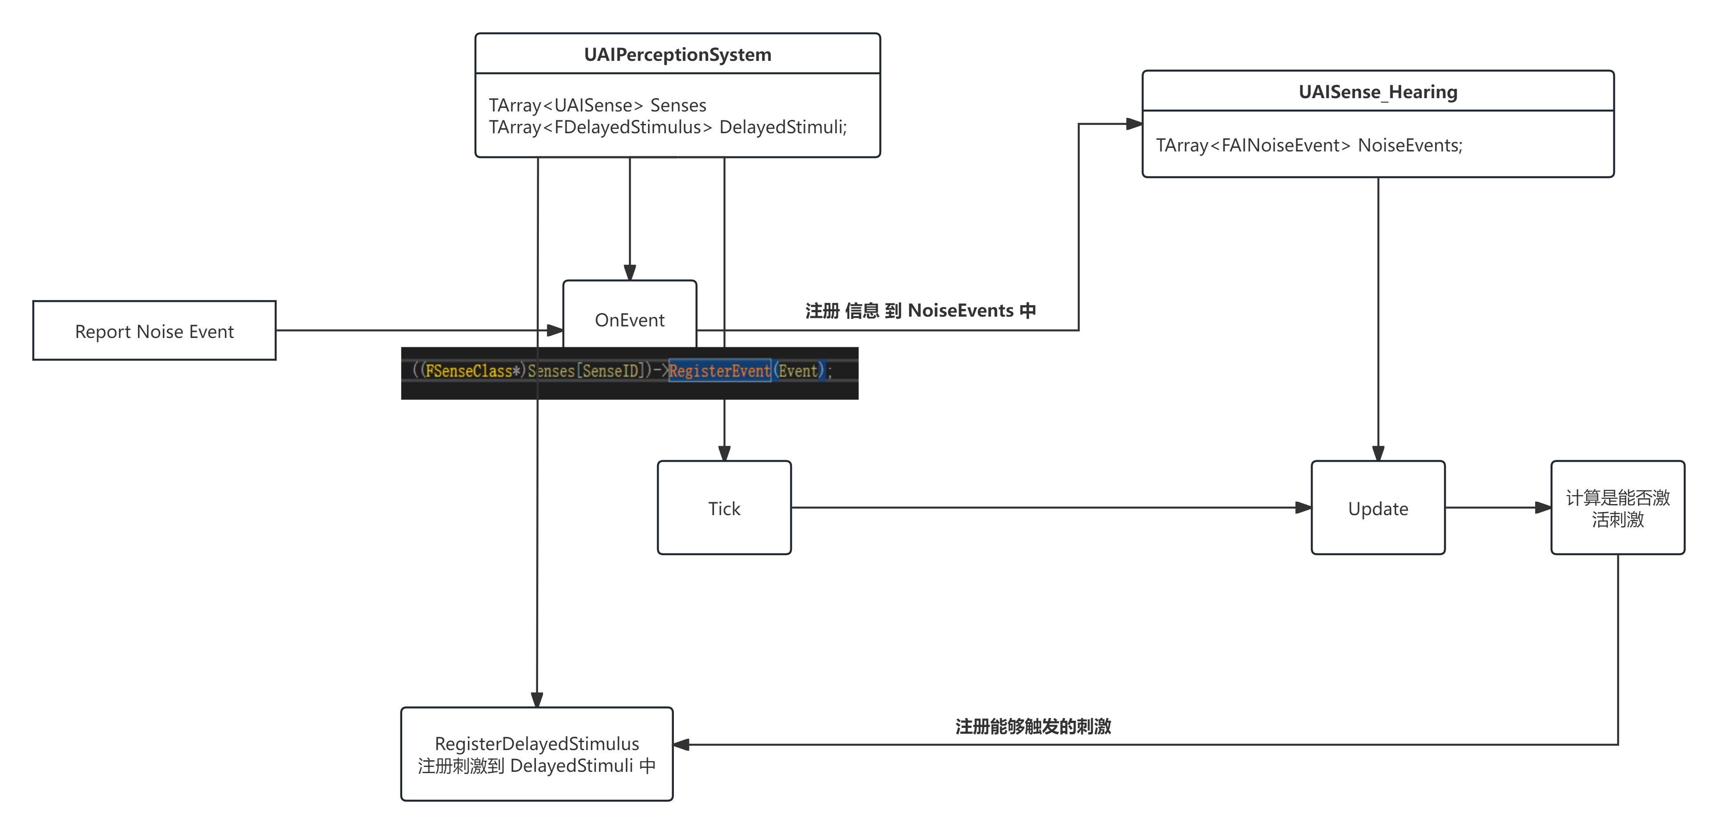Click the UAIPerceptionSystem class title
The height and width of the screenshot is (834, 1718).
pos(677,54)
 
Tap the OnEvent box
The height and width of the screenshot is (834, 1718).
pos(629,320)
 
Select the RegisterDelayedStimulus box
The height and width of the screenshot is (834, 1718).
pos(536,754)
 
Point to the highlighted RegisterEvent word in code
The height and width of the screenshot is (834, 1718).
pos(719,370)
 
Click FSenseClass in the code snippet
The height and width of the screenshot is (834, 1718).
pos(468,370)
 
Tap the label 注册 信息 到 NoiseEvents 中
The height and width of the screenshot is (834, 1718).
pos(920,310)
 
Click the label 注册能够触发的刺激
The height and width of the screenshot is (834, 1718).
pos(1033,726)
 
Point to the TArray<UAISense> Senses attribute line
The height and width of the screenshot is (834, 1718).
pos(597,105)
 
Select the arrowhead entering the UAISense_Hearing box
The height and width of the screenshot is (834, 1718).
pos(1134,123)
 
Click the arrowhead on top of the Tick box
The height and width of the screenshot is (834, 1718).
pos(724,454)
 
